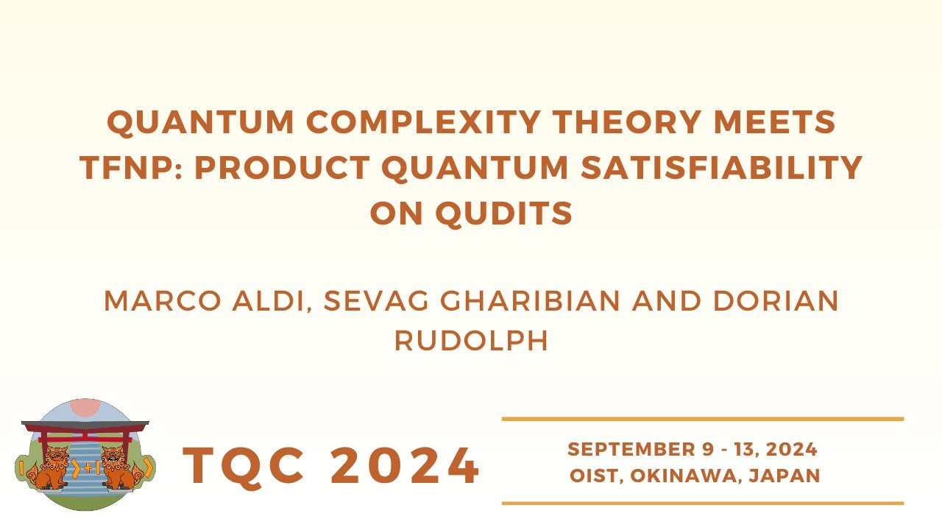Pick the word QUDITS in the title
point(504,213)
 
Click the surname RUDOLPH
point(471,341)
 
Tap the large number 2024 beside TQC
point(406,467)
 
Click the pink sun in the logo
point(85,407)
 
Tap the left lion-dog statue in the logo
point(51,468)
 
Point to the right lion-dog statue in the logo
point(119,468)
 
